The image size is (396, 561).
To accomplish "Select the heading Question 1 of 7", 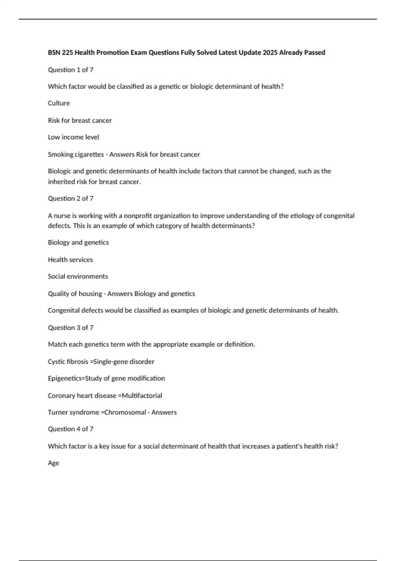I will [71, 70].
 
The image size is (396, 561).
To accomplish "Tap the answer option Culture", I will [59, 103].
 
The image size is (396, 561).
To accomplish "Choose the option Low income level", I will [73, 137].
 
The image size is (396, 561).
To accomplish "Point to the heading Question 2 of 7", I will [71, 198].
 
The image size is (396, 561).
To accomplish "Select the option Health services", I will [70, 260].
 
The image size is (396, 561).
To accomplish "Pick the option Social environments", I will [78, 276].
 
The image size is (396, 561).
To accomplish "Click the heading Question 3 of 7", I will [71, 327].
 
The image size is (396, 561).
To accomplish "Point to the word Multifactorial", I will [142, 395].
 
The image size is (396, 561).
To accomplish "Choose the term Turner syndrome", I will [73, 412].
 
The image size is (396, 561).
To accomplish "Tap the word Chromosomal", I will [125, 412].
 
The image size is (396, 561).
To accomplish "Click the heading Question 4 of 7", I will [71, 429].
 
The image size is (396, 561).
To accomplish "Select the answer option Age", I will [53, 463].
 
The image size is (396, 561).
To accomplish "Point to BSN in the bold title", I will [54, 52].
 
